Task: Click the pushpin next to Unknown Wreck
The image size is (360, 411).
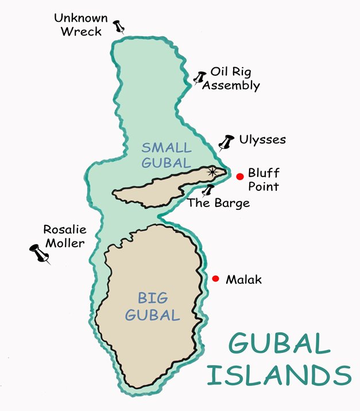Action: [x=119, y=26]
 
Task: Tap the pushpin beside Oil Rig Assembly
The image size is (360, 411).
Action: [x=200, y=78]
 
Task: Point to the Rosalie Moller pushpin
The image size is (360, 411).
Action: [x=39, y=253]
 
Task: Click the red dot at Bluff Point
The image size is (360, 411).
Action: [x=240, y=176]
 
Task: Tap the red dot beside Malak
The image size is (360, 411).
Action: [x=215, y=279]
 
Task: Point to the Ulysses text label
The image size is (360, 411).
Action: [x=262, y=140]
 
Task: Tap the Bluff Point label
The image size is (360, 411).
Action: [x=263, y=179]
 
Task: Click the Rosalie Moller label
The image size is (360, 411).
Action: [x=64, y=236]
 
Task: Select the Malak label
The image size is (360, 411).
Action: [x=243, y=280]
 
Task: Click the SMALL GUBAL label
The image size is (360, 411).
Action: [x=165, y=155]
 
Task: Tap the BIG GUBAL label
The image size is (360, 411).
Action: [x=152, y=306]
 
